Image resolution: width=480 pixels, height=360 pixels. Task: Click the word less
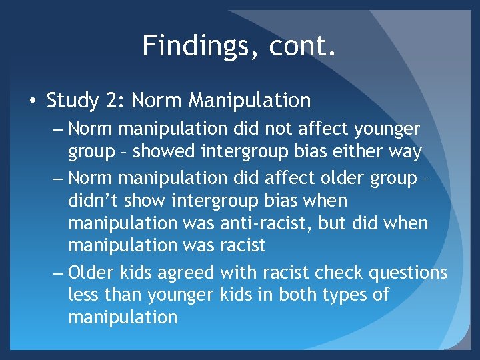(x=84, y=295)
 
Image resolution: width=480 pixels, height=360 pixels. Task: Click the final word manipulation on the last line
(x=123, y=317)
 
